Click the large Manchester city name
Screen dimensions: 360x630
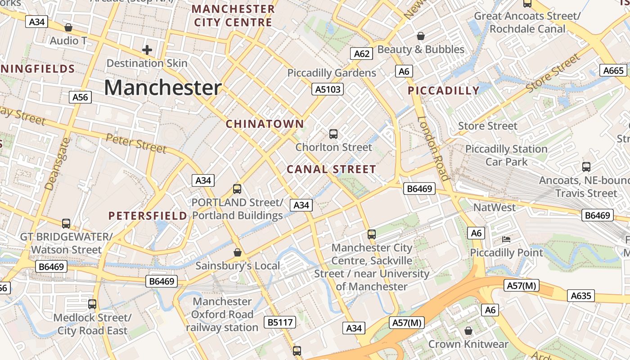tap(162, 88)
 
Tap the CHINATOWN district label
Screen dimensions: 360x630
tap(265, 124)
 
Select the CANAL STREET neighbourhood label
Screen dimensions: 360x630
tap(331, 170)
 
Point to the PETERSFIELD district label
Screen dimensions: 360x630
tap(148, 216)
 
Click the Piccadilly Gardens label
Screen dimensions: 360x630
tap(332, 73)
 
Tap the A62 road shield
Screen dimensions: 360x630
tap(362, 54)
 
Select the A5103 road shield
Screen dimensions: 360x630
tap(328, 89)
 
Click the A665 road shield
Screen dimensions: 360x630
tap(613, 70)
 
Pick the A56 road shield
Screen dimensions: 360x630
tap(81, 97)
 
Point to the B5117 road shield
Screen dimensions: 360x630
tap(280, 322)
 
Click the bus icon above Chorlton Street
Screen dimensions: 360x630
tap(333, 134)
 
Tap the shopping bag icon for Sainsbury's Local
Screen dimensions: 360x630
tap(238, 252)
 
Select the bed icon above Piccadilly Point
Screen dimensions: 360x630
tap(506, 239)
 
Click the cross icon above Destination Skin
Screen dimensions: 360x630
tap(147, 50)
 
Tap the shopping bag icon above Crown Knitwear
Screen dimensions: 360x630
tap(468, 331)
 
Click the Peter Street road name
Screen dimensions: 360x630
tap(136, 143)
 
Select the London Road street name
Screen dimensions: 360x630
tap(433, 148)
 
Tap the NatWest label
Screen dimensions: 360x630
tap(495, 207)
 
